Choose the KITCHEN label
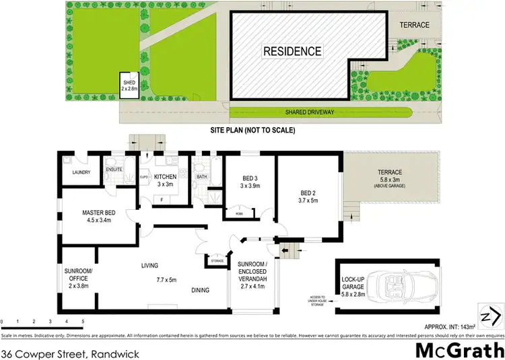pyautogui.click(x=165, y=177)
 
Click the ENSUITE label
pyautogui.click(x=114, y=170)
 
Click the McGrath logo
pyautogui.click(x=459, y=350)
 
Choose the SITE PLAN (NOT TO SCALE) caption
pyautogui.click(x=253, y=129)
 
